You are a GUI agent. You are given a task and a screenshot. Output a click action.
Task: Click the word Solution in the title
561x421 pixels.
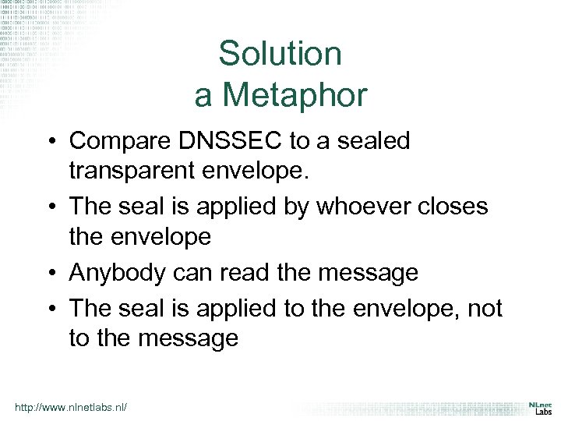pos(280,54)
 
